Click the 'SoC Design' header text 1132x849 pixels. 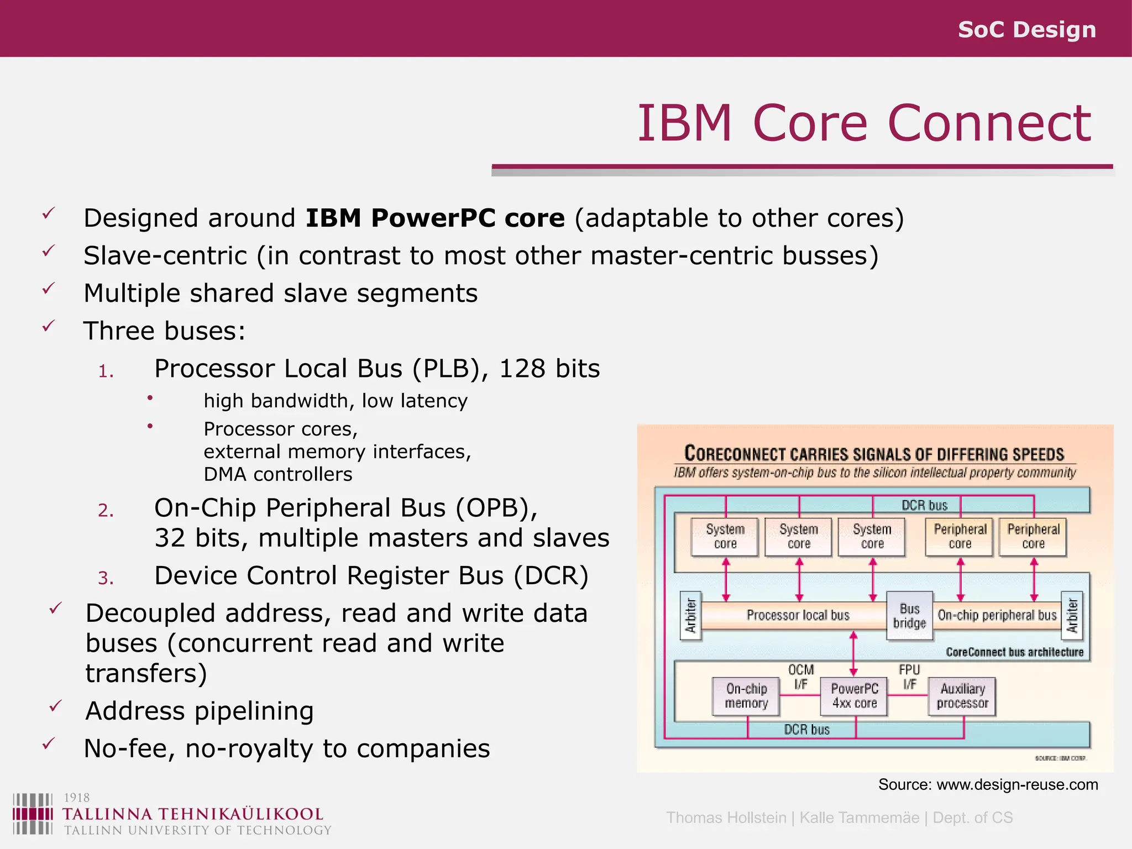[x=1026, y=29]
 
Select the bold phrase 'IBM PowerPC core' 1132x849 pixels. [x=435, y=218]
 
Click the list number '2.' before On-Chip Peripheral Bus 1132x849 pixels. [x=106, y=510]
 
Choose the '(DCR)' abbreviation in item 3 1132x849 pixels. [x=551, y=575]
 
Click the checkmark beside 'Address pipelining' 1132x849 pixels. [x=55, y=706]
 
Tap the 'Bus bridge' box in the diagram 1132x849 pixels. [x=909, y=616]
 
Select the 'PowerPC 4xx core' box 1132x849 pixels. [x=854, y=696]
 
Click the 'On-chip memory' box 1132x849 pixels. [x=746, y=696]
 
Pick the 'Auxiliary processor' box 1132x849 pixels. [x=962, y=696]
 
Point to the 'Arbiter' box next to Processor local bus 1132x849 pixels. [x=691, y=615]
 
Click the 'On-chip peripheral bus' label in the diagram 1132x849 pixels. [x=997, y=615]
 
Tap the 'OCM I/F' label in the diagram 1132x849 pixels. [x=801, y=677]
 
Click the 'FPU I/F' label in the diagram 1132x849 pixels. [x=909, y=677]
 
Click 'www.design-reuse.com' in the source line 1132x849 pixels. [x=1017, y=784]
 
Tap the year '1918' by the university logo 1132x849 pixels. [x=77, y=797]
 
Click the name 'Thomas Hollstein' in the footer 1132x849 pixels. [x=726, y=817]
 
